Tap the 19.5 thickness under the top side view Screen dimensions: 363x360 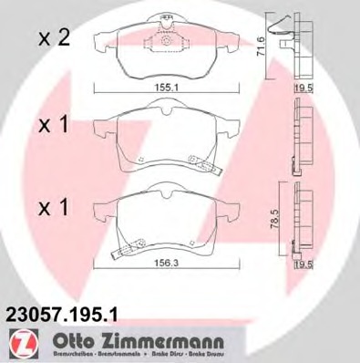[x=303, y=89]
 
